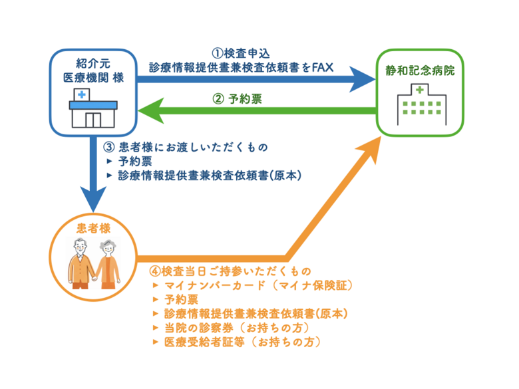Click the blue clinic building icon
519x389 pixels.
93,108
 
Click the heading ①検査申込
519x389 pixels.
241,53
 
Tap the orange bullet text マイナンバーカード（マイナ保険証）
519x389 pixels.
257,286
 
